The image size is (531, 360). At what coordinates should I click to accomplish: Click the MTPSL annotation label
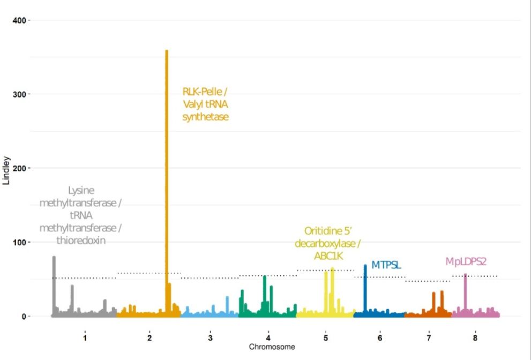point(386,265)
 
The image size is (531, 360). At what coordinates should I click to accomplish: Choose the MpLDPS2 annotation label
point(466,261)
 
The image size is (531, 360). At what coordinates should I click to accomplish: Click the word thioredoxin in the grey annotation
point(80,241)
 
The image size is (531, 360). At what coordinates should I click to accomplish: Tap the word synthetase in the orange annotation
point(205,117)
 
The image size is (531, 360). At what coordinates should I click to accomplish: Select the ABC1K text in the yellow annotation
point(327,256)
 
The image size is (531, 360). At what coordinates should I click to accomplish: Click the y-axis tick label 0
point(23,317)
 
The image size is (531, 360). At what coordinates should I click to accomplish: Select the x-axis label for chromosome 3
point(210,338)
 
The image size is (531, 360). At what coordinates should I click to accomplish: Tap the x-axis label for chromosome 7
point(429,338)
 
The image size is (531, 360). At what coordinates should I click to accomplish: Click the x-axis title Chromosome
point(272,347)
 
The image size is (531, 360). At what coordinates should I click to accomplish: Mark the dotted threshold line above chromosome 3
point(210,278)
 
